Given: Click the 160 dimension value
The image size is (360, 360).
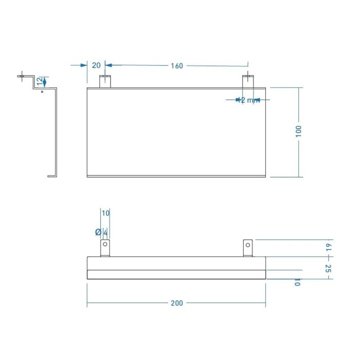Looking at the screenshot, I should pyautogui.click(x=177, y=66).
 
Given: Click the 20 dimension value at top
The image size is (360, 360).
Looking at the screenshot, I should pyautogui.click(x=96, y=65).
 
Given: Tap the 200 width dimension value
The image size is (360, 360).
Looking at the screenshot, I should pyautogui.click(x=176, y=303).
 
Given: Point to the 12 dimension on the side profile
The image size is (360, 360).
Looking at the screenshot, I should pyautogui.click(x=40, y=81).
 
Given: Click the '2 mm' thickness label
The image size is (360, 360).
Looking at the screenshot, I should pyautogui.click(x=248, y=100).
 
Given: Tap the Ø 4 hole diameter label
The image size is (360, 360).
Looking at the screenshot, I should pyautogui.click(x=101, y=232).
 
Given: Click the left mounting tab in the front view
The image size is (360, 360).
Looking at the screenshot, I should pyautogui.click(x=105, y=81).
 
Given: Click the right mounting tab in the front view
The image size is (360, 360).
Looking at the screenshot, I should pyautogui.click(x=248, y=81).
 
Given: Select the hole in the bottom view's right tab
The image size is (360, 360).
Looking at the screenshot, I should pyautogui.click(x=248, y=245).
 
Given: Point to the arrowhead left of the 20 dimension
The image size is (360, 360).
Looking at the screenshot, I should pyautogui.click(x=84, y=65).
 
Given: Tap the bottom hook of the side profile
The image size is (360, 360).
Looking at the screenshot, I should pyautogui.click(x=52, y=176).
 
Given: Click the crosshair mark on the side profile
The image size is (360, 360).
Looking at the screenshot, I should pyautogui.click(x=21, y=77).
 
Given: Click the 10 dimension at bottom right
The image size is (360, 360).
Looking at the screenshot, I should pyautogui.click(x=298, y=283).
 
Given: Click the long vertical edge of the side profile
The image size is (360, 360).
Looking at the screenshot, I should pyautogui.click(x=57, y=134).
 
